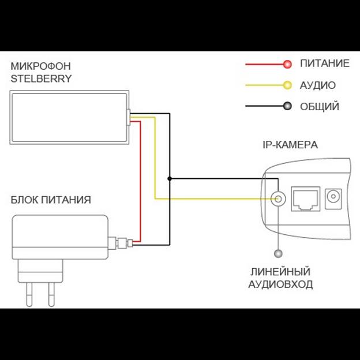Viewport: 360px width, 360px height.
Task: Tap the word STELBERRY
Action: coord(41,78)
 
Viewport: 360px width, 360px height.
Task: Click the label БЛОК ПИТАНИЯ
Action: coord(51,200)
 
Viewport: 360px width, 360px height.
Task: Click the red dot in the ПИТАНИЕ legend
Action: coord(287,63)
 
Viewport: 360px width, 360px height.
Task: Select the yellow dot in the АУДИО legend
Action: coord(287,85)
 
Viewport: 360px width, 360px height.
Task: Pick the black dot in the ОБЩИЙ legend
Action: coord(287,106)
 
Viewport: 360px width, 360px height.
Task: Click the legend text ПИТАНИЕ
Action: coord(324,63)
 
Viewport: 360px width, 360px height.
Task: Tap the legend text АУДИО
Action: coord(317,85)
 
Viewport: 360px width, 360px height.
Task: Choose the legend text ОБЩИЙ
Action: coord(319,107)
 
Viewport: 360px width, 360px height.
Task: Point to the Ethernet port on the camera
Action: coord(306,198)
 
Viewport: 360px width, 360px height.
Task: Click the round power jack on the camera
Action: coord(333,199)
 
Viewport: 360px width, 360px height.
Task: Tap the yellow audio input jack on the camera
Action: coord(279,199)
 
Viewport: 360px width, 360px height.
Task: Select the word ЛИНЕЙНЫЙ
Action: coord(280,271)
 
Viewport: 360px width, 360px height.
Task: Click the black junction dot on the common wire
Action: coord(170,179)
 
